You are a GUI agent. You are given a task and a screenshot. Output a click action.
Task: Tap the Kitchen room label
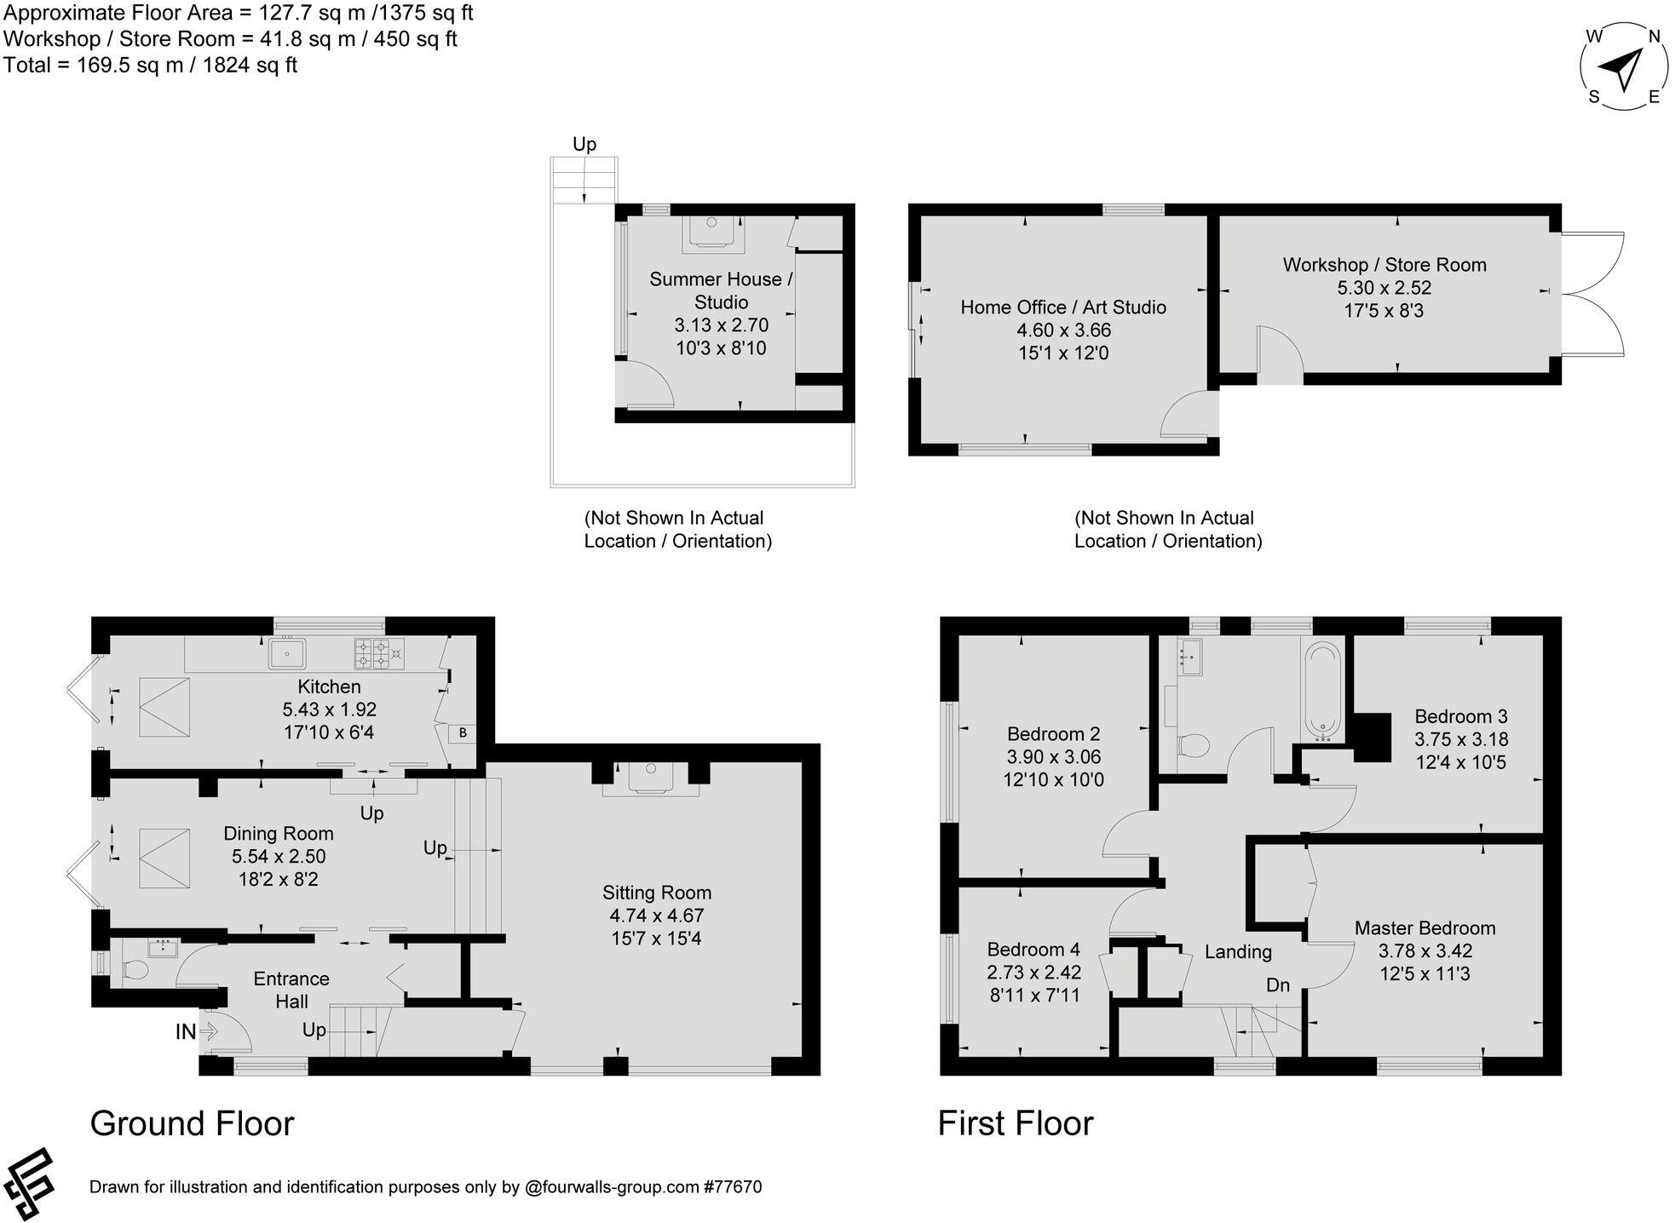(329, 686)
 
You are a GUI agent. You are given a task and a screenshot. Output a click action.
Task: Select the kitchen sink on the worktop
(287, 654)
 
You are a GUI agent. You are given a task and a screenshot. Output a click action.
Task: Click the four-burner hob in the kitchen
(379, 653)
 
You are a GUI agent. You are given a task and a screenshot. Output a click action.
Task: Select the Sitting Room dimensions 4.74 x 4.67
(656, 916)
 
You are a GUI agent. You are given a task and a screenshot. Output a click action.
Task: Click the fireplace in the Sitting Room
(651, 777)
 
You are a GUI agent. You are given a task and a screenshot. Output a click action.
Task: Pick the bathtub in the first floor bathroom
(1322, 690)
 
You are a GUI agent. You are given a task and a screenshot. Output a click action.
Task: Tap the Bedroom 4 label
(1033, 949)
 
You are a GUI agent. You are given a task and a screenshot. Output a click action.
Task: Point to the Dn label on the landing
(1277, 985)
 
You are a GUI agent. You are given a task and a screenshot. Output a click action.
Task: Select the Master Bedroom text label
(1425, 927)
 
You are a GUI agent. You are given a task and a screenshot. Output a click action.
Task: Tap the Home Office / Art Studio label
(1062, 307)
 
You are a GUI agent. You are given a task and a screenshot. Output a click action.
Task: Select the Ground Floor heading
(192, 1123)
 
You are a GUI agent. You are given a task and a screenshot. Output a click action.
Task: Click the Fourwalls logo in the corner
(29, 1185)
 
